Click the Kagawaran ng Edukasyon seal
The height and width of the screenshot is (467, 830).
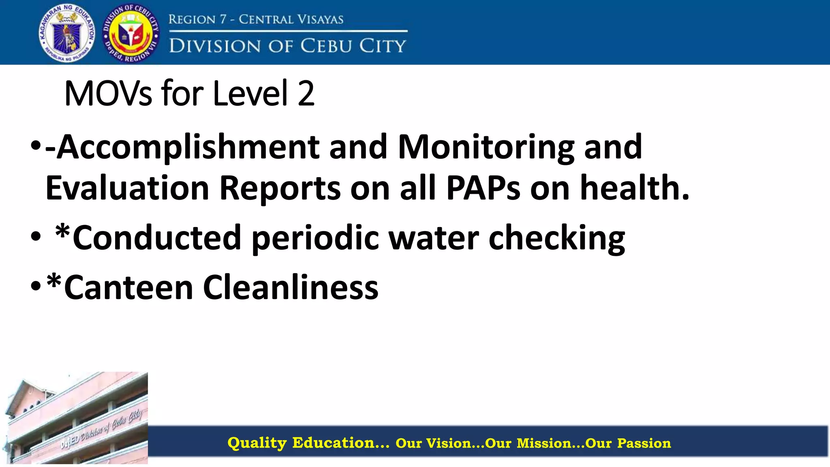67,33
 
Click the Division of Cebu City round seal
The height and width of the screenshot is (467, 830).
130,33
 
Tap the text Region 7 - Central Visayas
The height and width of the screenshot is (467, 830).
256,19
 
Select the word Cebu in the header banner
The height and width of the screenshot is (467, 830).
326,46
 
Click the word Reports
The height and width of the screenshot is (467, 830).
280,189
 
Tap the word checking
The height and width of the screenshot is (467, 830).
557,239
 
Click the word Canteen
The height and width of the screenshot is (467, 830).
128,287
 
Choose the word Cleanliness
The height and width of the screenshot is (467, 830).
290,287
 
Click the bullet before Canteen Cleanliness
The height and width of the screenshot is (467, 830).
36,286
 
